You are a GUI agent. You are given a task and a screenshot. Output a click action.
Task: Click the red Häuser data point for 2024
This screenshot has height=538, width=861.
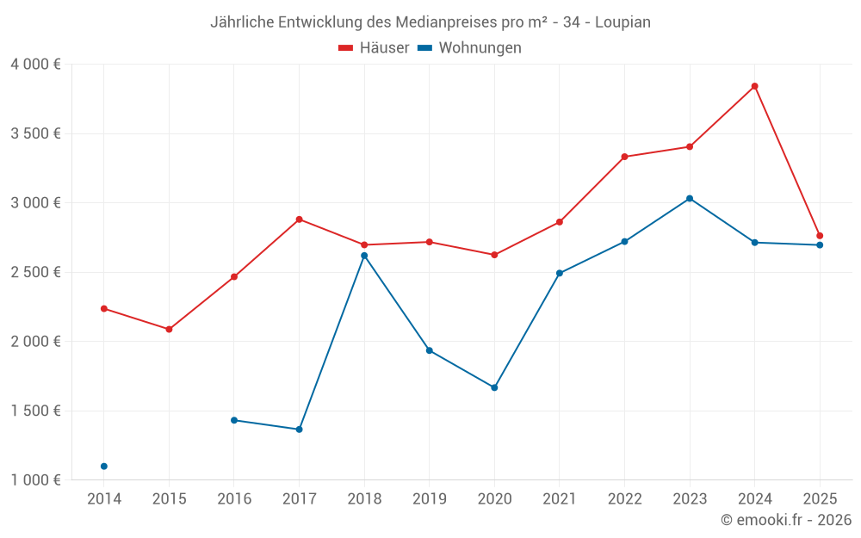click(754, 86)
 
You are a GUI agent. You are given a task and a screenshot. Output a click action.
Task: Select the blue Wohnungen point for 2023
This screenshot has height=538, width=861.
click(690, 199)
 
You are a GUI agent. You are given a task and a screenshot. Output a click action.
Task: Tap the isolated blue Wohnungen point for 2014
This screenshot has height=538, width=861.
click(104, 467)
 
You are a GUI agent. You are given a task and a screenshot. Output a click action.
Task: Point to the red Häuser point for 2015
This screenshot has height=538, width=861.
click(169, 329)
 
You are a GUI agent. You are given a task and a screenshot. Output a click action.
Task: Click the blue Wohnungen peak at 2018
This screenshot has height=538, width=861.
click(364, 256)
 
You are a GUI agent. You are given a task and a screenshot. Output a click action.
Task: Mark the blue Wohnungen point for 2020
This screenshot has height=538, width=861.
click(494, 387)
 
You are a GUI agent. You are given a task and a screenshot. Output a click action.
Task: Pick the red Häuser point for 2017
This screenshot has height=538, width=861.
click(299, 220)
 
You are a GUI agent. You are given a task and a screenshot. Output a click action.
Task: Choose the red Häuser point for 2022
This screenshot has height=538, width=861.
click(624, 157)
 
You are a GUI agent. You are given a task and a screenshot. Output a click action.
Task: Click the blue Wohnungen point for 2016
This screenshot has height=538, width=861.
click(234, 420)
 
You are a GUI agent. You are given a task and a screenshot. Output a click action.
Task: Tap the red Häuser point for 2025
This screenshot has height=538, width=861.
click(820, 236)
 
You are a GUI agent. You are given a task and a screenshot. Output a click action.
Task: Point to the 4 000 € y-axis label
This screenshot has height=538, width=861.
click(35, 65)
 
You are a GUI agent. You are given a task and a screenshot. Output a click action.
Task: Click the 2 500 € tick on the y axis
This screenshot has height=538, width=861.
click(35, 272)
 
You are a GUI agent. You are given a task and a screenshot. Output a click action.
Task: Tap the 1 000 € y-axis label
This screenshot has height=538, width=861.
click(35, 480)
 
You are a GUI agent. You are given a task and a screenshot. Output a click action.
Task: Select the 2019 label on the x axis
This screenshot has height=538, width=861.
click(429, 499)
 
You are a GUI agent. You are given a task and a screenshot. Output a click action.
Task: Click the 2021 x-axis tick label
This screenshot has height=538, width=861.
click(559, 499)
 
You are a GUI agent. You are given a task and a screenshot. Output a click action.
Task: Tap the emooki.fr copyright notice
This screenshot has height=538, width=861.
click(785, 520)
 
